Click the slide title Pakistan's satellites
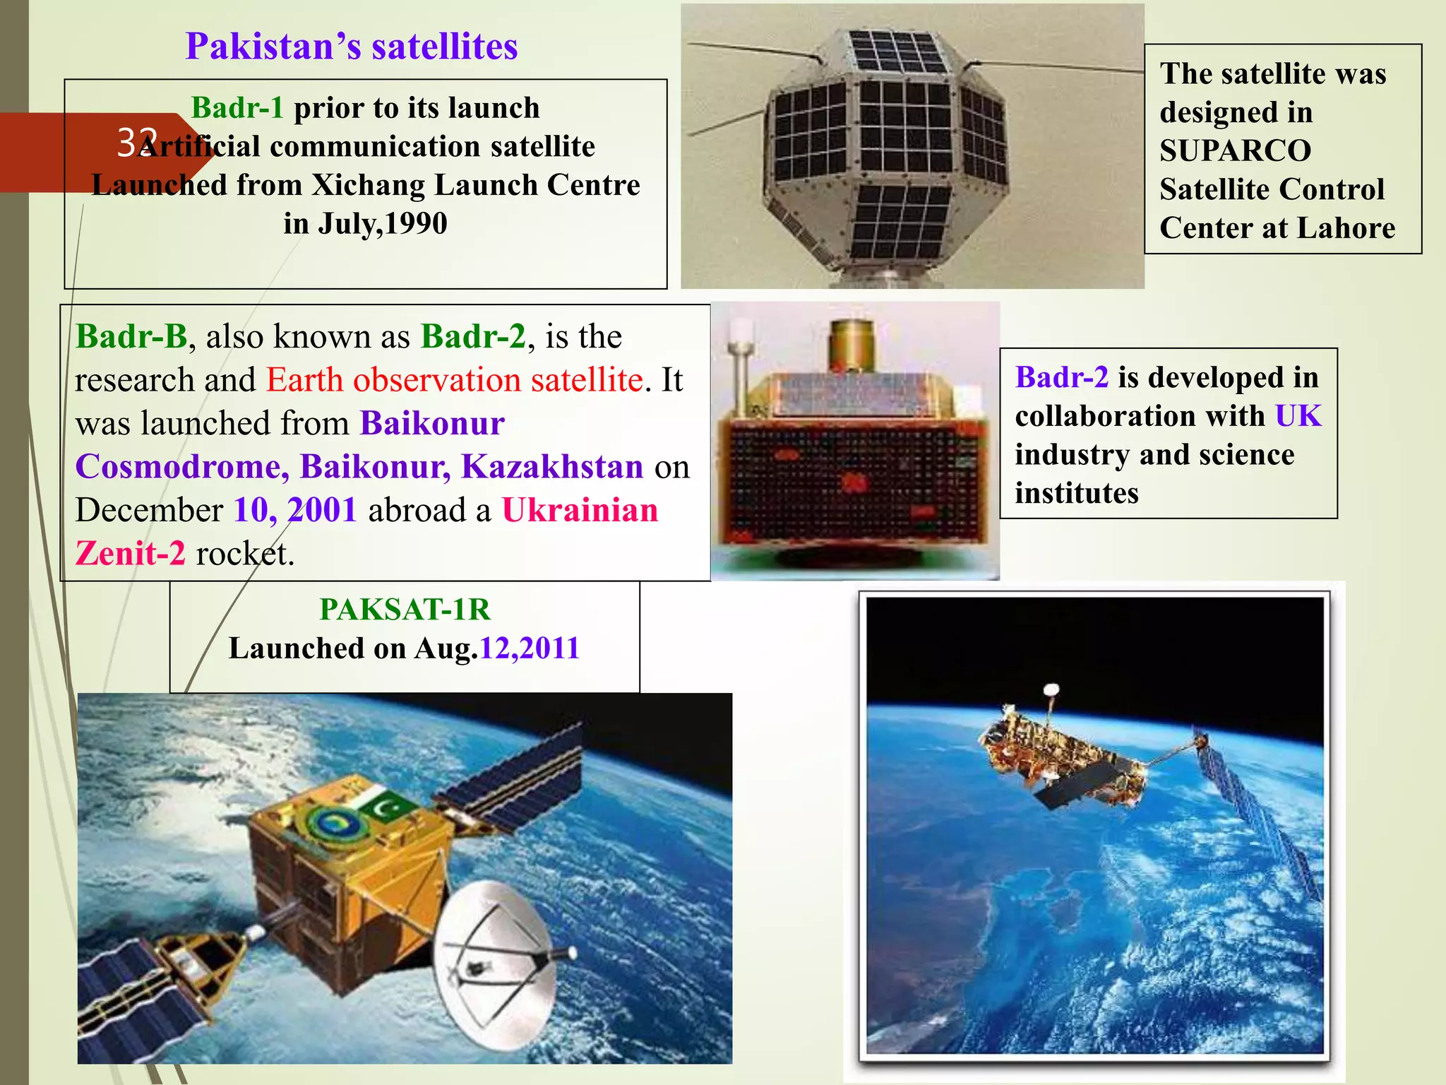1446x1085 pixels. click(x=351, y=47)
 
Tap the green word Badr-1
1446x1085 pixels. click(x=237, y=108)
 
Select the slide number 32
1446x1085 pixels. click(x=136, y=143)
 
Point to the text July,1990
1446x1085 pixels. click(x=382, y=224)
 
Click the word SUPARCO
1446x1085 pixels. click(x=1235, y=150)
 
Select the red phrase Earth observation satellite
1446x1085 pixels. click(x=455, y=380)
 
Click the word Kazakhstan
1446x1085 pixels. click(x=551, y=467)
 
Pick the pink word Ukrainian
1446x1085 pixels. click(x=580, y=510)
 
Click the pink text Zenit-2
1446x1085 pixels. click(x=131, y=553)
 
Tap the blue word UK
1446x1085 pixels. click(x=1298, y=416)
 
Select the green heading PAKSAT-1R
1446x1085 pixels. click(x=405, y=610)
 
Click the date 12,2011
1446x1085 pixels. click(x=529, y=648)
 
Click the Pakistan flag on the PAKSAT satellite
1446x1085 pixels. click(x=385, y=805)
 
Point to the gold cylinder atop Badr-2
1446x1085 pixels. click(x=852, y=345)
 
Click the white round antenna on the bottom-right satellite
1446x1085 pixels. click(x=1051, y=689)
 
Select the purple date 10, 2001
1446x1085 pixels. click(x=295, y=510)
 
